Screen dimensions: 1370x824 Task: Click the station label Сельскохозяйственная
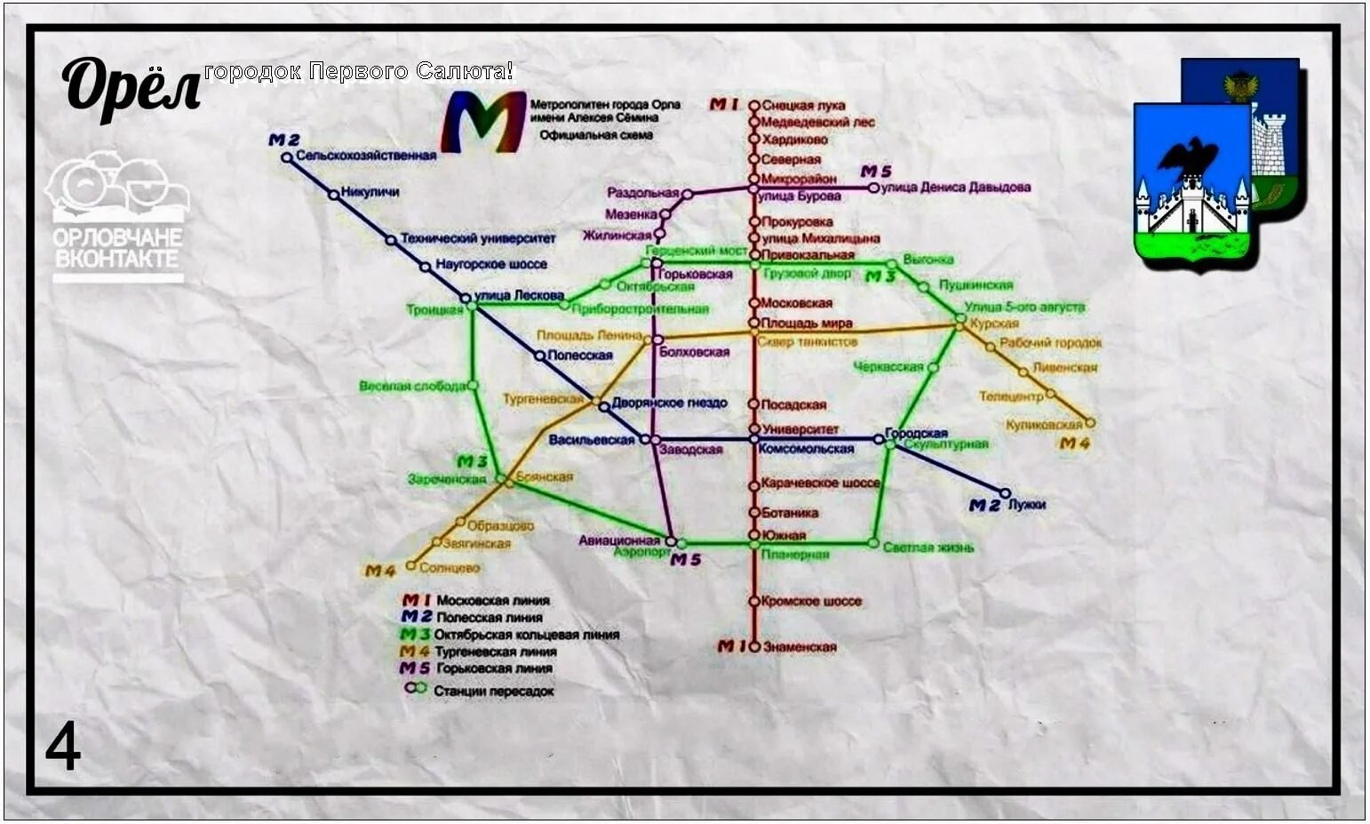point(365,156)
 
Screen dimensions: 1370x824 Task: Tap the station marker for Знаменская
point(754,647)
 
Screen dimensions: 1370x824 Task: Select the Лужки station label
point(1026,505)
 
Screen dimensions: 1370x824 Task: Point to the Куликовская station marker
point(1090,423)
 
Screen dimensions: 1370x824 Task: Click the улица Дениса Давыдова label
point(955,188)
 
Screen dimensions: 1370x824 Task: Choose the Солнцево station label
point(449,567)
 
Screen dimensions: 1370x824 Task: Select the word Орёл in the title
point(131,89)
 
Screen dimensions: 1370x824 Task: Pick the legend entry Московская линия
point(492,600)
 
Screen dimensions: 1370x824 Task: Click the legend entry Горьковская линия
point(494,668)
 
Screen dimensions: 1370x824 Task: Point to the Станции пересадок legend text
point(493,691)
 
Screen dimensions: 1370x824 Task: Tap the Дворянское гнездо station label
point(669,403)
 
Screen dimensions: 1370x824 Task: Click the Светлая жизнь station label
point(928,548)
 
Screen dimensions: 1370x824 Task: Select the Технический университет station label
point(477,238)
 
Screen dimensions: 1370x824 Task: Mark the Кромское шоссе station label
point(811,601)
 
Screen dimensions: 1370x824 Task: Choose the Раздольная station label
point(642,193)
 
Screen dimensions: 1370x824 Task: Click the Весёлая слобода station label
point(412,386)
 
